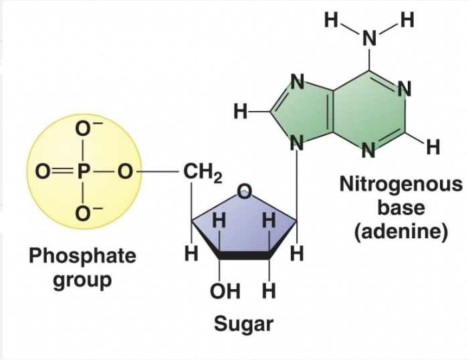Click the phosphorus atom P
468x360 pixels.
pyautogui.click(x=83, y=173)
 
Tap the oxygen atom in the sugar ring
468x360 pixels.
pyautogui.click(x=245, y=189)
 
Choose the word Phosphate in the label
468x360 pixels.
pyautogui.click(x=82, y=256)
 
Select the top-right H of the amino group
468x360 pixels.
pyautogui.click(x=407, y=19)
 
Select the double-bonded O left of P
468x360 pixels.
pyautogui.click(x=42, y=173)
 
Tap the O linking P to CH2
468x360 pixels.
pyautogui.click(x=123, y=173)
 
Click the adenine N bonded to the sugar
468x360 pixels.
pyautogui.click(x=295, y=143)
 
